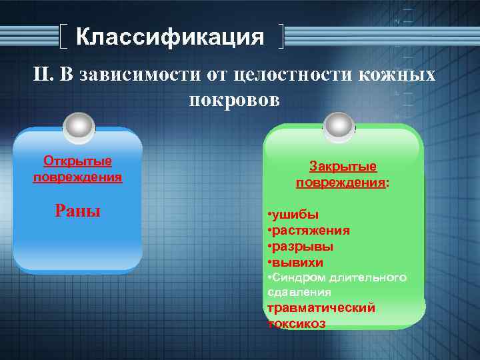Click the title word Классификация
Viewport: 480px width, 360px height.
[170, 37]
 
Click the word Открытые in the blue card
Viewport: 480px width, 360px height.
[77, 161]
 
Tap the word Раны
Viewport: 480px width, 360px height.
[77, 211]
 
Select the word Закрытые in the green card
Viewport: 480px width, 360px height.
[343, 167]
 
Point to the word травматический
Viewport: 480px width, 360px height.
[321, 308]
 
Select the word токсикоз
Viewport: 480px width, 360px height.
[297, 324]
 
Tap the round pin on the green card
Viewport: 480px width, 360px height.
[339, 124]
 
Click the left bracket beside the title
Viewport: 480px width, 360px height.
[61, 37]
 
